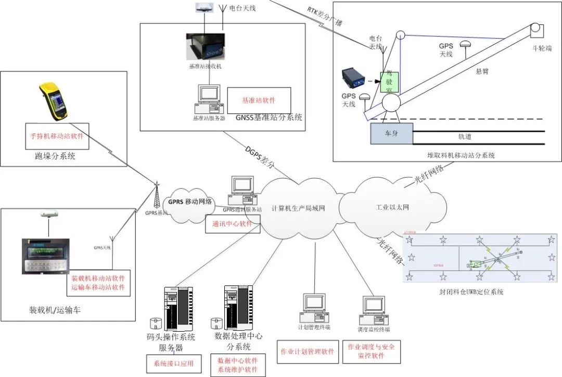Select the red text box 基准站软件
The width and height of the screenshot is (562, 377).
pos(259,100)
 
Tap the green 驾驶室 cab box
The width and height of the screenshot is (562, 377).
pos(389,82)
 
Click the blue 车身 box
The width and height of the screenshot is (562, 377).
pos(391,133)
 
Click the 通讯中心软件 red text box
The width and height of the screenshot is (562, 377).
pos(232,224)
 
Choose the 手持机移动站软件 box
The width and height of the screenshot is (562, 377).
pos(57,136)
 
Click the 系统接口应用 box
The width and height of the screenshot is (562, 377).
pos(170,363)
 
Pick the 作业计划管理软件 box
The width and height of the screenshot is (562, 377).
pos(307,351)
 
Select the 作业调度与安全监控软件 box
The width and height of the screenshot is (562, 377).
pos(372,351)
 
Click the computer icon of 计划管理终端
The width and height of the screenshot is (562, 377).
pos(314,307)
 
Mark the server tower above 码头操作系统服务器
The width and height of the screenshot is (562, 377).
pos(178,307)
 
